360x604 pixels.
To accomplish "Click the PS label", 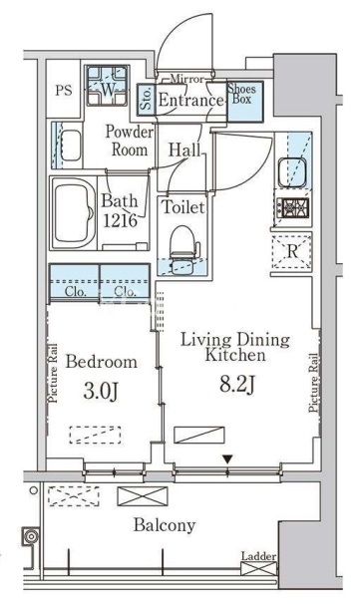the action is tap(64, 91).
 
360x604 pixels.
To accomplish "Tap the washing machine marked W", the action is tap(107, 86).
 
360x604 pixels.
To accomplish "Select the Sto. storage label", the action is tap(147, 100).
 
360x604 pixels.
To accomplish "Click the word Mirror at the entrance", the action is tap(186, 79).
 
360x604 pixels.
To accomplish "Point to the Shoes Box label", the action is tap(241, 94).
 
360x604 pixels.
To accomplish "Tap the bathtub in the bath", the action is tap(73, 213).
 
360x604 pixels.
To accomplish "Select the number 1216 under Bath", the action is tap(120, 220).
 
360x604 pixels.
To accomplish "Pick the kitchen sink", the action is tap(292, 172).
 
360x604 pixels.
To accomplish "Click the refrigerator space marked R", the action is tap(292, 252).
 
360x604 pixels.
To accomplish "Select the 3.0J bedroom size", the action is tap(101, 391).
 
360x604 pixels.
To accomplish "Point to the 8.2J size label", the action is tap(237, 384).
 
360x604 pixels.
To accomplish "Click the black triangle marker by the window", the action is tap(227, 459).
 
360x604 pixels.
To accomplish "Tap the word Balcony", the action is tap(165, 525).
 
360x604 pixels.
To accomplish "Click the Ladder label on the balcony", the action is tap(258, 556).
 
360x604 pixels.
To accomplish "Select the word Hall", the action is tap(185, 150).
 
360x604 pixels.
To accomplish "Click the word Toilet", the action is tap(183, 207).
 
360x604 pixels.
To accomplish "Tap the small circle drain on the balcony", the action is tap(34, 490).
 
